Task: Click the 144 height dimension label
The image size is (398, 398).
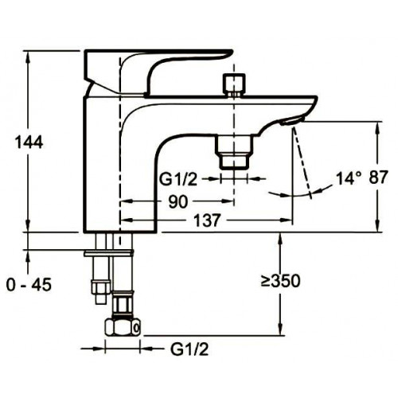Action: click(29, 142)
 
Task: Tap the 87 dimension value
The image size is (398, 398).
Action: click(378, 177)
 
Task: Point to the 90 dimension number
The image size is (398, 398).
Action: click(178, 201)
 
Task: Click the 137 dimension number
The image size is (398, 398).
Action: click(207, 220)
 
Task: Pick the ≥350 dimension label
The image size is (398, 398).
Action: click(281, 281)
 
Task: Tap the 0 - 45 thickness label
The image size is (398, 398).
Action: click(29, 285)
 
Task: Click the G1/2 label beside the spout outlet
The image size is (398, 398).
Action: click(178, 180)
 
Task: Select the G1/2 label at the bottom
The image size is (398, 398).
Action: click(189, 349)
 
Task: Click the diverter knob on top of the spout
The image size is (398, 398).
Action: click(234, 84)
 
